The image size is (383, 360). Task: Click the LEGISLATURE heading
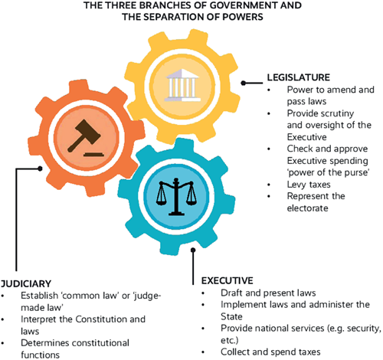[299, 77]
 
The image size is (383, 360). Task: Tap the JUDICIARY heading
[26, 283]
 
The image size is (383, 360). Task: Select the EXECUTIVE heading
[227, 280]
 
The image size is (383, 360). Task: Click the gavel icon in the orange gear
[86, 138]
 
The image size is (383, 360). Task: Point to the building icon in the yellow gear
[182, 85]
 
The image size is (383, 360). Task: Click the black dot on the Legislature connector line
[244, 83]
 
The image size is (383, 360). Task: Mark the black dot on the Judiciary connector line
[40, 169]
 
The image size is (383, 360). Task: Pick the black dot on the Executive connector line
[193, 250]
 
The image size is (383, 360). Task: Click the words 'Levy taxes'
[309, 185]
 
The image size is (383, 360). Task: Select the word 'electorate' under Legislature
[307, 208]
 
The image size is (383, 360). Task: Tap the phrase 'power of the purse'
[328, 172]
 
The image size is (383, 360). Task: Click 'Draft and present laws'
[268, 293]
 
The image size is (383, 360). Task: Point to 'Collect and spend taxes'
[270, 352]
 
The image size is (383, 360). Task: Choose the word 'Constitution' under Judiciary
[101, 319]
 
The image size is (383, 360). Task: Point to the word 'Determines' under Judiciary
[42, 343]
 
